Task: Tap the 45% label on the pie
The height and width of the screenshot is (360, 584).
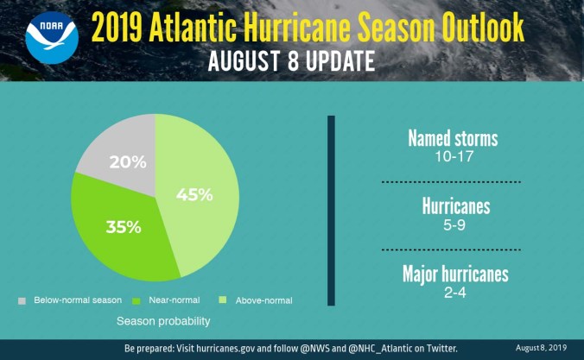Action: click(x=195, y=194)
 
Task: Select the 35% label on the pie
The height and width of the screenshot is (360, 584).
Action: click(x=124, y=227)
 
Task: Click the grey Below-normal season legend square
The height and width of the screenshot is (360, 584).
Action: click(x=22, y=300)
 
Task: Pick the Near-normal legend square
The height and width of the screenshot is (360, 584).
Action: click(x=136, y=300)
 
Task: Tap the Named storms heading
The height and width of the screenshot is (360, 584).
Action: click(x=453, y=140)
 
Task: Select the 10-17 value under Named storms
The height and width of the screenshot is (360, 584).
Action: click(x=453, y=158)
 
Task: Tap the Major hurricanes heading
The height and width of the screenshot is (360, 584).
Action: click(x=455, y=275)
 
